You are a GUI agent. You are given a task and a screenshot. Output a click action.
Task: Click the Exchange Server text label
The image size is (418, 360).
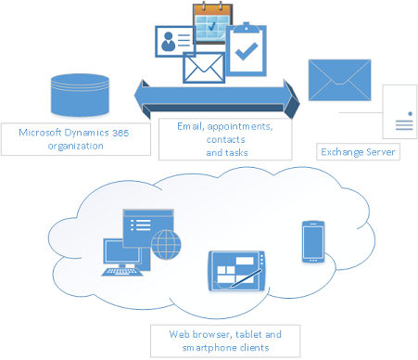click(358, 150)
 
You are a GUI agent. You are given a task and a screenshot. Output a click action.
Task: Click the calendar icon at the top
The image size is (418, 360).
click(210, 22)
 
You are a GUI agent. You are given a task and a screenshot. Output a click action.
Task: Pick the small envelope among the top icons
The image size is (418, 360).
click(205, 68)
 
